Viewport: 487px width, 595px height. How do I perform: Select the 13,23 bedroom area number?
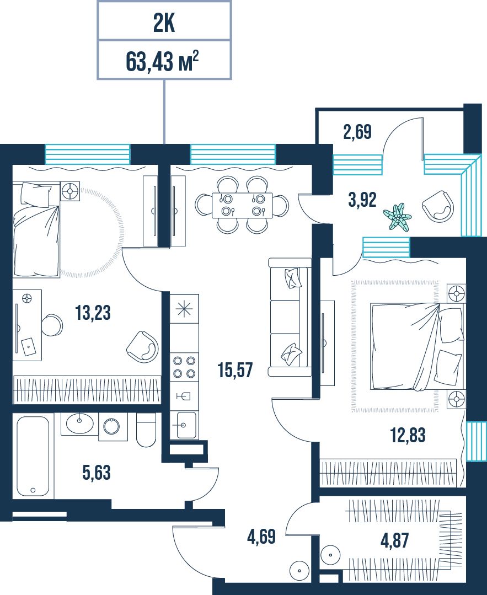93,313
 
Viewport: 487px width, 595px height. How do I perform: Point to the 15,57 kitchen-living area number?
236,369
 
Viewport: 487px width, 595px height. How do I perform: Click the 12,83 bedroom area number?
408,435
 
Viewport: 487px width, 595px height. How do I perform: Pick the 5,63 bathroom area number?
97,473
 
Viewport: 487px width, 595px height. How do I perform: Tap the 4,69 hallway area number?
261,537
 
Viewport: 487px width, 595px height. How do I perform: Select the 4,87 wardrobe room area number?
395,540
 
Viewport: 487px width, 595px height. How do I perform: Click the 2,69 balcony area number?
357,132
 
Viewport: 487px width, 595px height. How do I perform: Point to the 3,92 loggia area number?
362,200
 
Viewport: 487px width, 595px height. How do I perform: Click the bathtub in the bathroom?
33,456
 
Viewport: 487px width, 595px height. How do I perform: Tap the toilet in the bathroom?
146,430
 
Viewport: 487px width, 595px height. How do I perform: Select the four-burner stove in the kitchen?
184,367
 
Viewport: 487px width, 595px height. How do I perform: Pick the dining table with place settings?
242,205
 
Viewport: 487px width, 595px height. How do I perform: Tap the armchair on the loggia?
438,206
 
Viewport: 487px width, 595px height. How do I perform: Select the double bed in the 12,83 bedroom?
417,346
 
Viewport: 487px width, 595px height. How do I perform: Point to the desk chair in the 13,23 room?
52,325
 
